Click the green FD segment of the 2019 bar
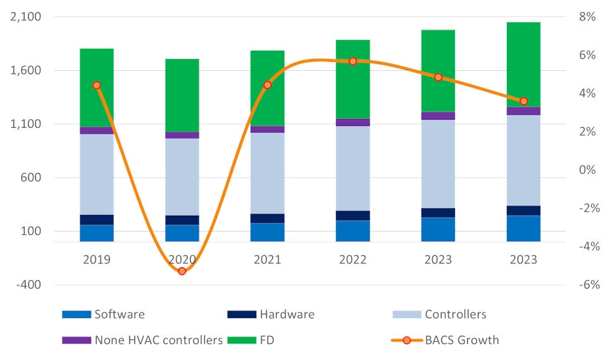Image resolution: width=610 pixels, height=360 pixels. (96, 87)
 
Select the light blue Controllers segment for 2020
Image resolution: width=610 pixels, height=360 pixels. (182, 177)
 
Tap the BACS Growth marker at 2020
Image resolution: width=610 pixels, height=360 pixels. (182, 271)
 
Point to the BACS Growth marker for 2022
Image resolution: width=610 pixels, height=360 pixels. (353, 61)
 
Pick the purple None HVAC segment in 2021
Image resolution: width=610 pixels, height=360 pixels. (267, 129)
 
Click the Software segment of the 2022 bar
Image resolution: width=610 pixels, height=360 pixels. (353, 231)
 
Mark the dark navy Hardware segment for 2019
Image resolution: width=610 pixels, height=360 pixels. (96, 220)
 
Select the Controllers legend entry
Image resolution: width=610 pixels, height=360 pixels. (439, 314)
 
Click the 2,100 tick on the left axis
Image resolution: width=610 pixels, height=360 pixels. (26, 17)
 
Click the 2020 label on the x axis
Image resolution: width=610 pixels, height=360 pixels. (182, 260)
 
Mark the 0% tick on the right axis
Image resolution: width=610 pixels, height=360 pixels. (588, 170)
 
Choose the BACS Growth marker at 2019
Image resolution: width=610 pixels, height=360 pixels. (96, 85)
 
